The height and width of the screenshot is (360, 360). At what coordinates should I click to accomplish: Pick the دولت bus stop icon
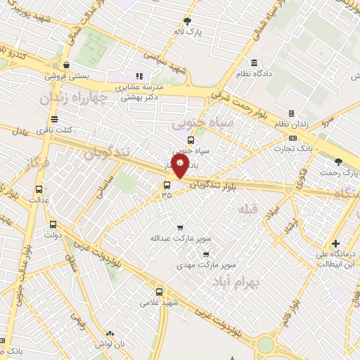pos(53,225)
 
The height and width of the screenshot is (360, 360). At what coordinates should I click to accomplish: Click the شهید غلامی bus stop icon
pos(159,290)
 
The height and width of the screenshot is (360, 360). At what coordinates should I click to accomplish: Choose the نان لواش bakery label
pos(110,345)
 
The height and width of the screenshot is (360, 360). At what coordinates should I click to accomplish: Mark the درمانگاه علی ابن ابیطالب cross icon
pos(335,243)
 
